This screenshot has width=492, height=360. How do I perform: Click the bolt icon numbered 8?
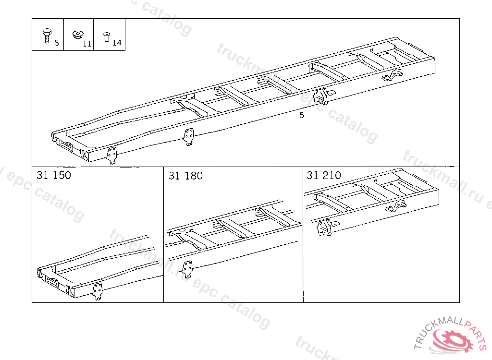pyautogui.click(x=47, y=36)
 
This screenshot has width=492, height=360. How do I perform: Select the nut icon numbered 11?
pyautogui.click(x=77, y=35)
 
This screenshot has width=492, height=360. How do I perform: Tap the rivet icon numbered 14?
pyautogui.click(x=107, y=36)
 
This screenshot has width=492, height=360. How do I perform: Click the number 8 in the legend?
pyautogui.click(x=57, y=43)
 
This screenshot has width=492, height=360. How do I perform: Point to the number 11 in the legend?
pyautogui.click(x=87, y=44)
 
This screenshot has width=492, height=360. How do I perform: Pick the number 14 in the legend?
pyautogui.click(x=117, y=43)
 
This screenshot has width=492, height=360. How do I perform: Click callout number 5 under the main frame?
pyautogui.click(x=302, y=115)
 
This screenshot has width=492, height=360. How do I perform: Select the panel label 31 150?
pyautogui.click(x=54, y=175)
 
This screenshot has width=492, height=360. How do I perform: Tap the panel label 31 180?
pyautogui.click(x=185, y=176)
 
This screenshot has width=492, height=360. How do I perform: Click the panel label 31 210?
pyautogui.click(x=324, y=175)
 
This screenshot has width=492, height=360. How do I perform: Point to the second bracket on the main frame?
pyautogui.click(x=188, y=137)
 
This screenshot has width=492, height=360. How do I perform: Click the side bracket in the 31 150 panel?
pyautogui.click(x=97, y=291)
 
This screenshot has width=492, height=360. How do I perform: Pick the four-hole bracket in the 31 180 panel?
pyautogui.click(x=187, y=269)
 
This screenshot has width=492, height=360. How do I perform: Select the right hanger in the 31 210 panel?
pyautogui.click(x=396, y=206)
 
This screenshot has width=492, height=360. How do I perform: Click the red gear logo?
pyautogui.click(x=453, y=340)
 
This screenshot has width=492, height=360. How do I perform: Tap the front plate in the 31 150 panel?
pyautogui.click(x=52, y=280)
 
